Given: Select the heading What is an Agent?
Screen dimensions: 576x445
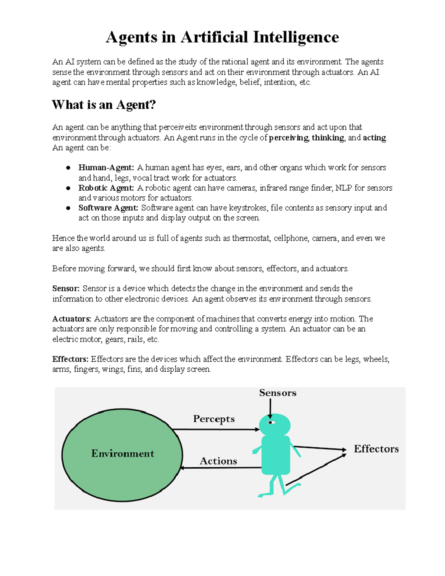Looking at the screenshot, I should [x=104, y=105].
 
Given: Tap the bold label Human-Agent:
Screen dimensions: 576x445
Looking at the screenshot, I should [x=106, y=168].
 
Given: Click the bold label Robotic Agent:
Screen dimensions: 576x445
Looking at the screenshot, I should [x=106, y=188].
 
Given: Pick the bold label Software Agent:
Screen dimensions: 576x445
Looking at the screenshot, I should [x=108, y=208].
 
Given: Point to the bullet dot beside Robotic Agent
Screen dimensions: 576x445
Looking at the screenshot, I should [x=68, y=188].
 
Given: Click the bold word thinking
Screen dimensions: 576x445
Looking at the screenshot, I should [x=328, y=138].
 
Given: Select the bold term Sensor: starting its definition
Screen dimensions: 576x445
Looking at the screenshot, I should [x=66, y=289].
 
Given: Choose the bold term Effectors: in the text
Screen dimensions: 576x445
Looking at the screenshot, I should [x=70, y=359].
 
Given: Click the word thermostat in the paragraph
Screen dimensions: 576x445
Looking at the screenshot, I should [x=251, y=238].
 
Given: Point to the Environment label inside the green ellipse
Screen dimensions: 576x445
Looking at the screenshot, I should [x=122, y=454].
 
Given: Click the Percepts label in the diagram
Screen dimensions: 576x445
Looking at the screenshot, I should [x=214, y=419].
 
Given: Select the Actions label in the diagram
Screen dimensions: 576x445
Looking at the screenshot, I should [x=218, y=461].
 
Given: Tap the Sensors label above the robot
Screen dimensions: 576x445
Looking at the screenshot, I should [x=278, y=393].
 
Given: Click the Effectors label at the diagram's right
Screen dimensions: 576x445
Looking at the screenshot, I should [x=376, y=449].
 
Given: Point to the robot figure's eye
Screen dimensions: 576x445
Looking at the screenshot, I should [x=271, y=422].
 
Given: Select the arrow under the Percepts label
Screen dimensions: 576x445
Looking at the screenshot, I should [x=216, y=429].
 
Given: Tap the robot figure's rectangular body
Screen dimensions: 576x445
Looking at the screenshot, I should [x=276, y=455].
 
